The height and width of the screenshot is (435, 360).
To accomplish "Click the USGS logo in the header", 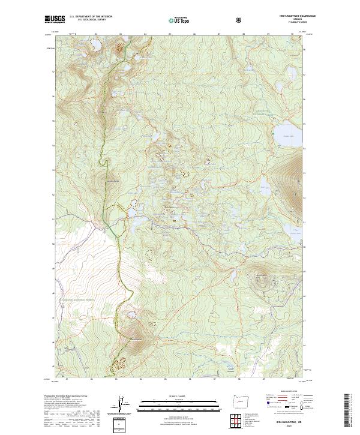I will click(53, 20).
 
